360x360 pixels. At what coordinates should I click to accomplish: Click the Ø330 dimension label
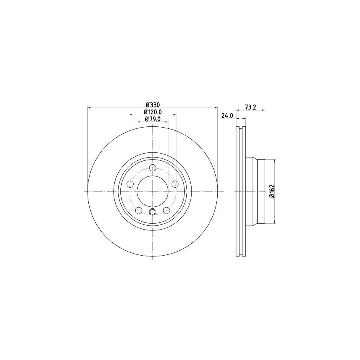click(153, 105)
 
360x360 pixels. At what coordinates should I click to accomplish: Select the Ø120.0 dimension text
click(153, 112)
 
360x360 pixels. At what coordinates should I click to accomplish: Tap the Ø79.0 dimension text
click(152, 119)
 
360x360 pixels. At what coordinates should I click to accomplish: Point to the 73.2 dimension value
click(250, 107)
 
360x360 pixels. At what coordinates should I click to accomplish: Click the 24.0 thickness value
click(227, 116)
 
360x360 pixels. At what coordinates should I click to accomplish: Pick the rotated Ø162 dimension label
click(272, 191)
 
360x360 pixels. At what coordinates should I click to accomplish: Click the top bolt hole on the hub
click(152, 168)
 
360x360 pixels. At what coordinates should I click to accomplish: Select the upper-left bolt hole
click(130, 184)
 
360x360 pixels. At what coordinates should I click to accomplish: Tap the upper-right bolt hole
click(175, 184)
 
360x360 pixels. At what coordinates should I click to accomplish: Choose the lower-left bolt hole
click(139, 210)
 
